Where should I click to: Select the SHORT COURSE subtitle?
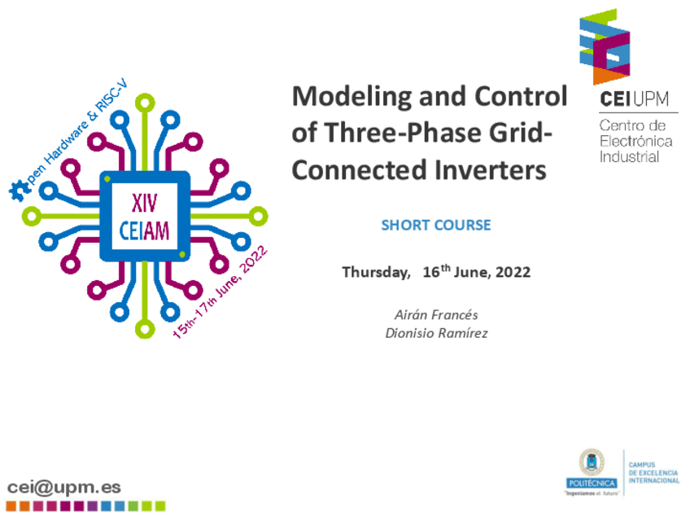[435, 225]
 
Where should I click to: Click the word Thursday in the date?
[376, 272]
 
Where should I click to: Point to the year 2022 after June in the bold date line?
[513, 272]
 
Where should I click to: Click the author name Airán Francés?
[436, 314]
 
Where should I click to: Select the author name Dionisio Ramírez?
[436, 333]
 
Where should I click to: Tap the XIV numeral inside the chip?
[144, 204]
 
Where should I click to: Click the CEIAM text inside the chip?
[144, 230]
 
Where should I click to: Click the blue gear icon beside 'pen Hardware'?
[19, 191]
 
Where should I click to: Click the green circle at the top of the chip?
[145, 104]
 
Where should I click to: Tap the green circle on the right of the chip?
[258, 217]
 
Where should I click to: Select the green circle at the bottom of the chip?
[145, 328]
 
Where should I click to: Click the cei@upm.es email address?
[64, 487]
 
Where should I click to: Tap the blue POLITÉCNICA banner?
[592, 483]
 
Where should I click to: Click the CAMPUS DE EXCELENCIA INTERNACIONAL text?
[654, 472]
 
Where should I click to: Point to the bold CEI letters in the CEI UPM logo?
[616, 99]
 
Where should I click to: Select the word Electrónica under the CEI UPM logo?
[635, 141]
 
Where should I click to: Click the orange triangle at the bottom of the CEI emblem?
[605, 75]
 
